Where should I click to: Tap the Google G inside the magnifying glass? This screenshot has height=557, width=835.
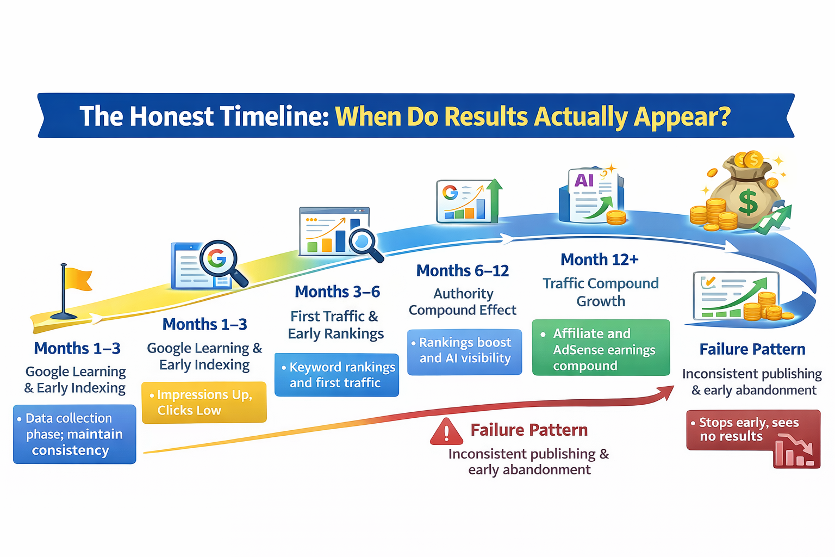pyautogui.click(x=217, y=258)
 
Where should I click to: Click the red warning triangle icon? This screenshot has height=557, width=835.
pyautogui.click(x=446, y=432)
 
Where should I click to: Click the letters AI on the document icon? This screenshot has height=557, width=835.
pyautogui.click(x=584, y=181)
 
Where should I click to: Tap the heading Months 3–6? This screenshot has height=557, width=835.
pyautogui.click(x=337, y=292)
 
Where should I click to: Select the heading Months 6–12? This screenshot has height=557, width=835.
pyautogui.click(x=462, y=271)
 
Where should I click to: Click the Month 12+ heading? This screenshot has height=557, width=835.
pyautogui.click(x=599, y=260)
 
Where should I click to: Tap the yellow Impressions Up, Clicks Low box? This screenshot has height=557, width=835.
pyautogui.click(x=204, y=403)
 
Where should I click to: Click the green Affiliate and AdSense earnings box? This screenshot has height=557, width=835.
pyautogui.click(x=601, y=348)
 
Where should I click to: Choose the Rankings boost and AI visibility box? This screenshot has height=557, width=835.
pyautogui.click(x=464, y=351)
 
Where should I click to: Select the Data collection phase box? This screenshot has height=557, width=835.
pyautogui.click(x=74, y=434)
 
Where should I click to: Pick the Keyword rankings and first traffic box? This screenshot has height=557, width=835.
pyautogui.click(x=337, y=375)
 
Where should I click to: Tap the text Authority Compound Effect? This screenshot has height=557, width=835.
pyautogui.click(x=463, y=302)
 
